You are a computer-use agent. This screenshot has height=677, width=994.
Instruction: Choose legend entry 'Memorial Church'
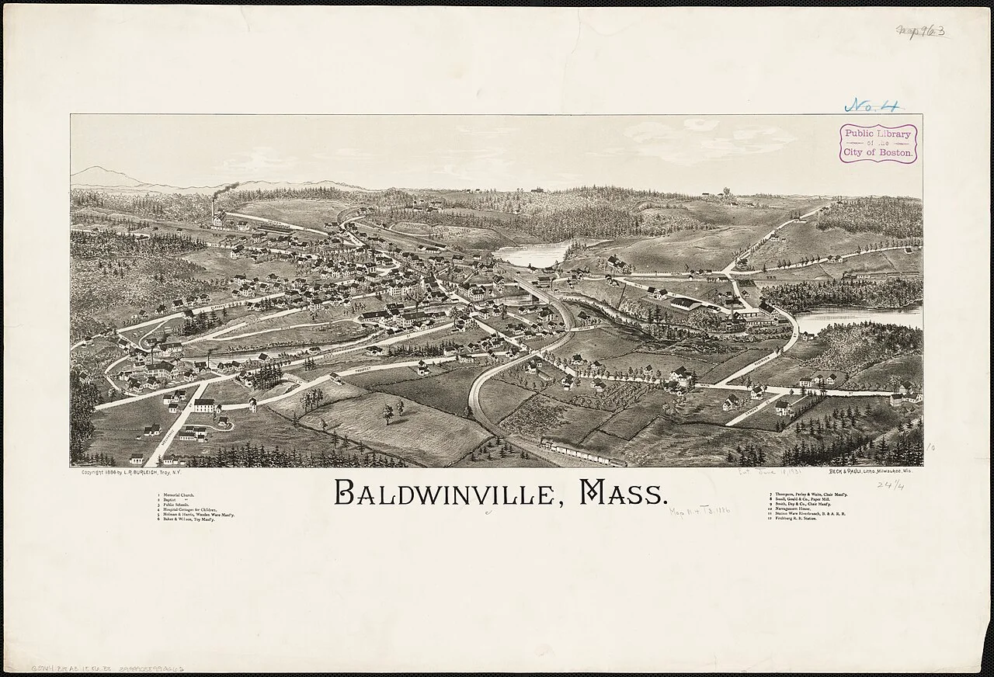coord(174,495)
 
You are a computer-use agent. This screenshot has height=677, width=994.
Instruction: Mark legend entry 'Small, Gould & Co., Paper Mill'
coord(799,499)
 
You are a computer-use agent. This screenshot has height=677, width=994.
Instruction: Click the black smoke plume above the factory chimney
coord(226,189)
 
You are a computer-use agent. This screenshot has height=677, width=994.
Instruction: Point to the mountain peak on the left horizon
coord(94,170)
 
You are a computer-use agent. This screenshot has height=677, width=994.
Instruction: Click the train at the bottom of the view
coord(582,451)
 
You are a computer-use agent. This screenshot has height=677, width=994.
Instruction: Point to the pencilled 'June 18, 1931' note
coord(766,472)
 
